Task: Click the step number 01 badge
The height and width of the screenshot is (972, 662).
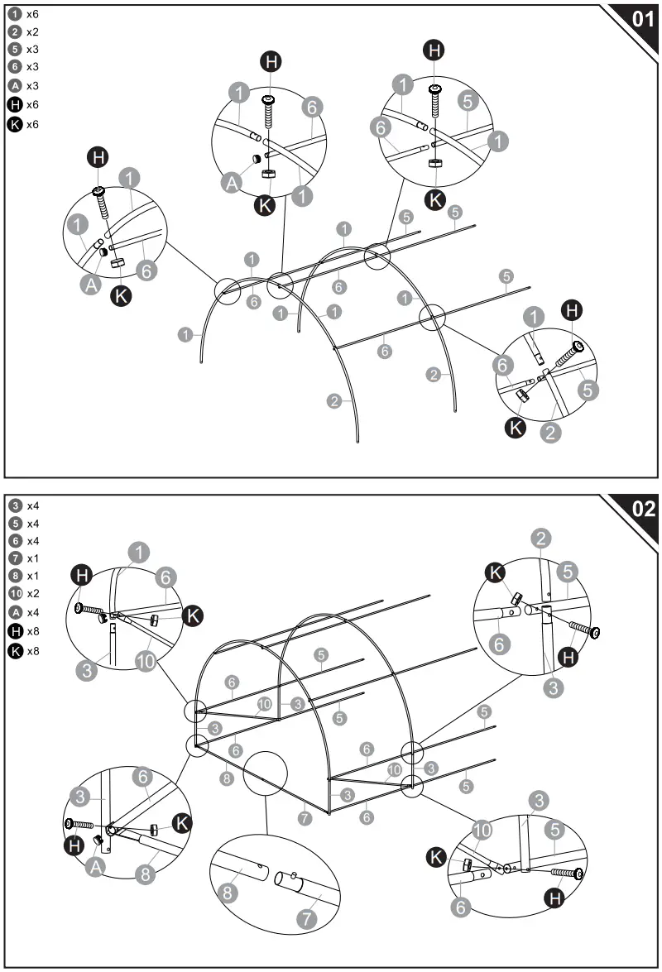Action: coord(642,19)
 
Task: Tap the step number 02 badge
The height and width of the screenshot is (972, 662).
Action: coord(642,509)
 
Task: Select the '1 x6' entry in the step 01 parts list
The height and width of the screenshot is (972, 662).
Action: coord(23,14)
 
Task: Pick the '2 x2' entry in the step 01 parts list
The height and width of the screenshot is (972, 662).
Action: coord(23,32)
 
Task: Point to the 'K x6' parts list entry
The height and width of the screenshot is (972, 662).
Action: coord(23,125)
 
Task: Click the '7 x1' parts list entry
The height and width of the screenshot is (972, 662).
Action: coord(23,558)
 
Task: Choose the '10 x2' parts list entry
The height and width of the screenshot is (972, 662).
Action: coord(23,594)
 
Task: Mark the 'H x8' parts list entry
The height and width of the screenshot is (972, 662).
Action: coord(23,632)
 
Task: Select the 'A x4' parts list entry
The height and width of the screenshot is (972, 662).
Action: coord(23,613)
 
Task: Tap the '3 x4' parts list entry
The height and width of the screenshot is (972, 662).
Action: coord(23,505)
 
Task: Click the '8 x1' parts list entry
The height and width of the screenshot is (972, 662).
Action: coord(23,576)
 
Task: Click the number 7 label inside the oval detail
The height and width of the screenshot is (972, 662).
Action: coord(308,918)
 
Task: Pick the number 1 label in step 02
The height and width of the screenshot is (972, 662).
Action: coord(140,553)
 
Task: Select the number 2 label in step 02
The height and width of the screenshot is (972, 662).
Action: coord(540,539)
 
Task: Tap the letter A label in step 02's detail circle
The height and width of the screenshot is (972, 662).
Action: coord(95,866)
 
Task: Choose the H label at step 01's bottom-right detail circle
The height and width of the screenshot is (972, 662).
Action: coord(572,310)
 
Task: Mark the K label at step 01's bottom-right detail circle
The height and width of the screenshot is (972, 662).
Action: coord(516,429)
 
